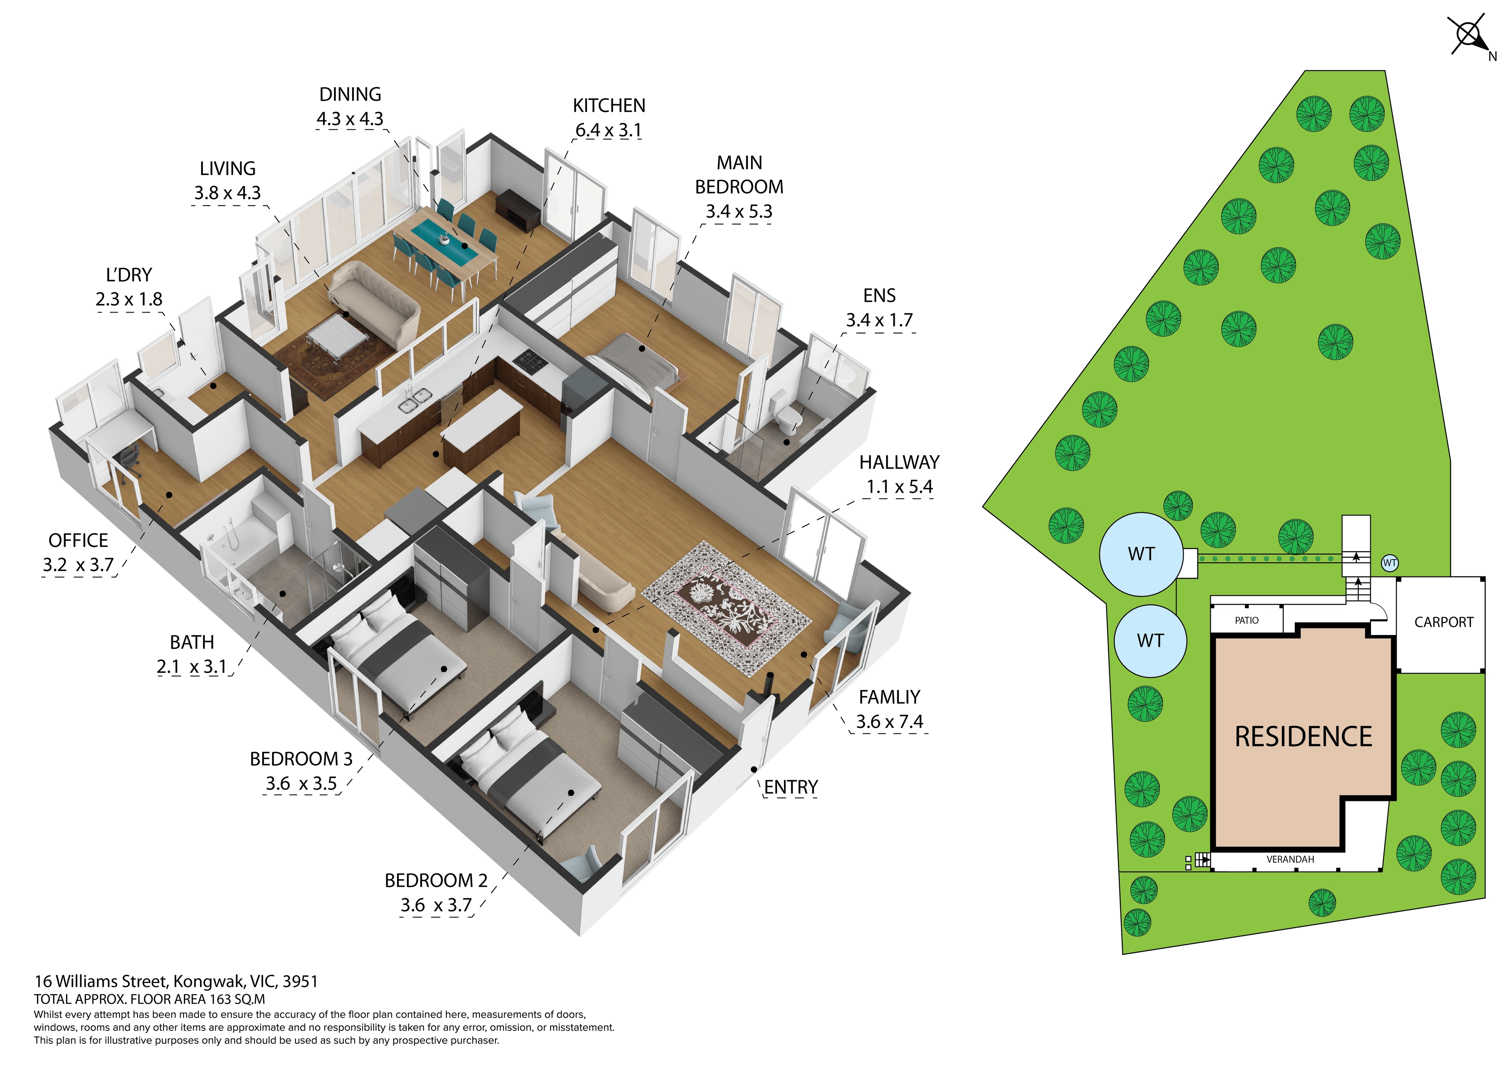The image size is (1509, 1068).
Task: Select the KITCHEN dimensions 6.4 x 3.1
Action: coord(608,130)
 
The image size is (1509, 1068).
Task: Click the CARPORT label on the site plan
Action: coord(1443,622)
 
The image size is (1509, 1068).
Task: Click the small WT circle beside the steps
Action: coord(1390,563)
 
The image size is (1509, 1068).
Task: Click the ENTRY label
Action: coord(791,787)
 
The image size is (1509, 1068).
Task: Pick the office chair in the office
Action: coord(130,457)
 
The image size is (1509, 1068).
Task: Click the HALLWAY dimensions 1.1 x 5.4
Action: coord(899,487)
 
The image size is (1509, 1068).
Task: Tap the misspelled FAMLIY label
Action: coord(889,697)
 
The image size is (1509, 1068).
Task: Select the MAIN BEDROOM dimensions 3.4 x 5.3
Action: coord(739,212)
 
